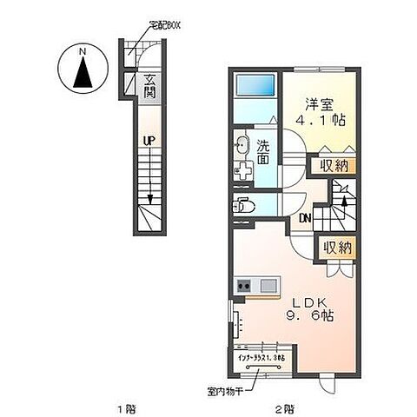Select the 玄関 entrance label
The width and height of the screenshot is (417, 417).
(149, 87)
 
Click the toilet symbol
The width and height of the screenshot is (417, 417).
(245, 207)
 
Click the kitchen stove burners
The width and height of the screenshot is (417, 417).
(244, 286)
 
